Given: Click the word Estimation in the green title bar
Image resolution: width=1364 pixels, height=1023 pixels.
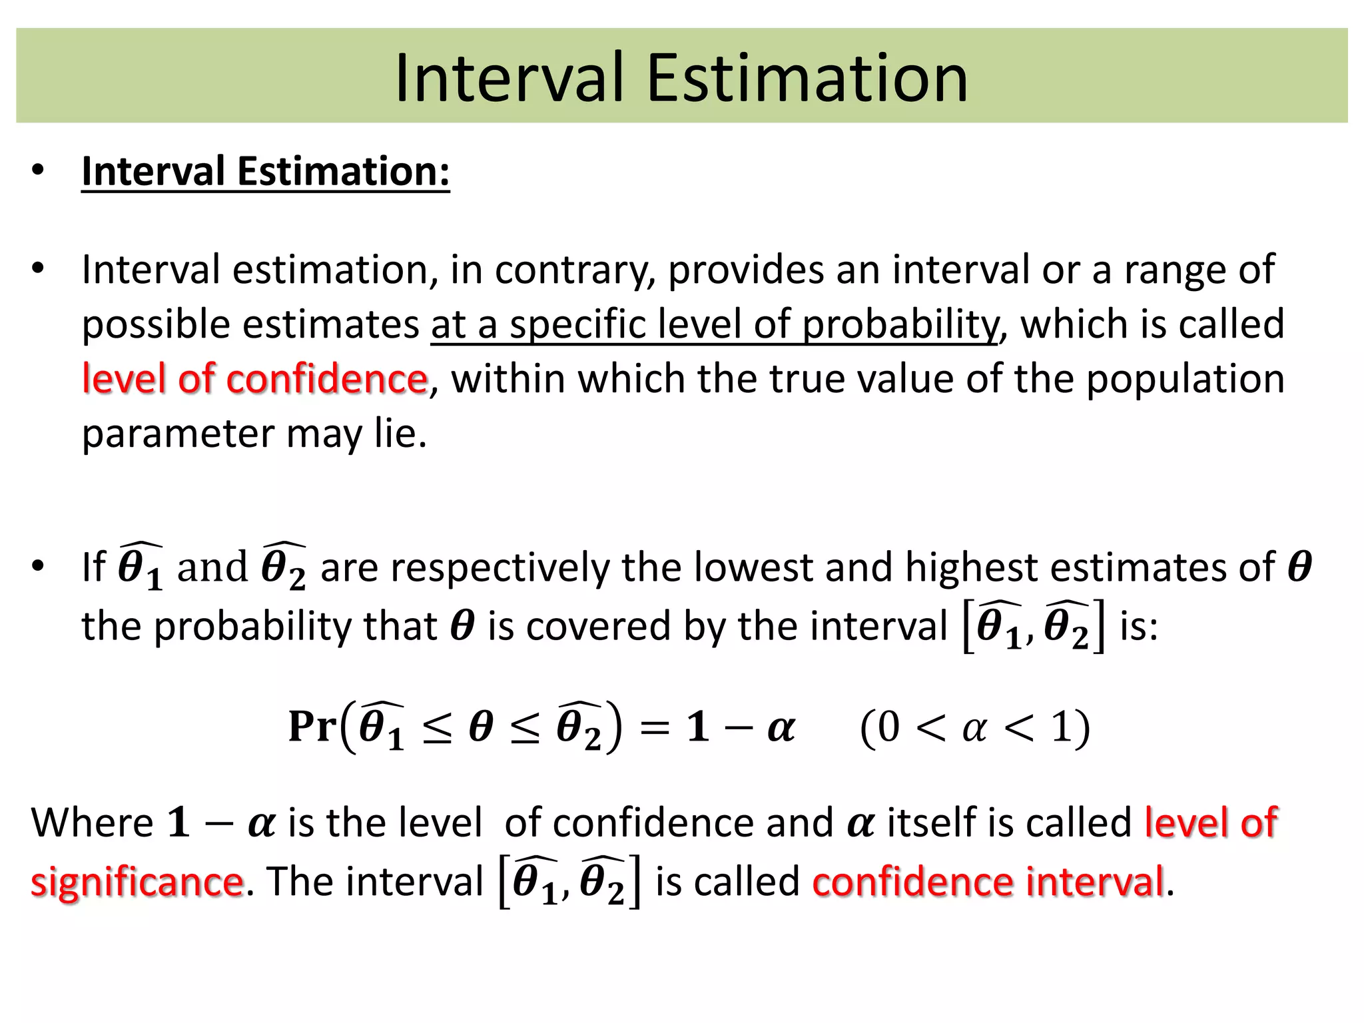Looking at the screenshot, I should [x=807, y=79].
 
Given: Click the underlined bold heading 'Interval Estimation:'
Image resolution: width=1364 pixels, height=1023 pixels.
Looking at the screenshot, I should [x=265, y=171].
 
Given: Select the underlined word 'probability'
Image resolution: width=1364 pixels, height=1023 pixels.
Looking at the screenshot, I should [x=900, y=325].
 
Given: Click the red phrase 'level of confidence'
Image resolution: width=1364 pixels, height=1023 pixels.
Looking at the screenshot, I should [x=254, y=379].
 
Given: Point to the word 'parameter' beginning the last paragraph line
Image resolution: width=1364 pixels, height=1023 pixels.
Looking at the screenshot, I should [x=177, y=434].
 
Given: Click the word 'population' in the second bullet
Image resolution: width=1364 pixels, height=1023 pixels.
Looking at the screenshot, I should [x=1185, y=379].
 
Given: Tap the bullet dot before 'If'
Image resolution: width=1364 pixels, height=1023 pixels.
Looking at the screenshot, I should [x=38, y=566].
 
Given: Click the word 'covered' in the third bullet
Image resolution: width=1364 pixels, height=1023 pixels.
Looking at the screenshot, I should [x=597, y=627].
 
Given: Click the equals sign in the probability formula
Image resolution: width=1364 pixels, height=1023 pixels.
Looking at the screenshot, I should [x=654, y=727].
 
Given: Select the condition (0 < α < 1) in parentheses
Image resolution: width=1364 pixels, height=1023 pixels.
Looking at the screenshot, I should [x=974, y=727].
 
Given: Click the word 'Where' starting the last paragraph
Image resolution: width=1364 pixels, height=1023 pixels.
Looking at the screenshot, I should [x=93, y=823].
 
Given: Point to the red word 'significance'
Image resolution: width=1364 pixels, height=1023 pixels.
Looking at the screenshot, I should [x=137, y=882].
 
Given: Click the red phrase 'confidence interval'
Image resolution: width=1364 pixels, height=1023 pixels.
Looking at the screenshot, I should [x=988, y=882].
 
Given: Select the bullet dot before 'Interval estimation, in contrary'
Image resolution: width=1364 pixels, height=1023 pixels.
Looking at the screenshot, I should [x=38, y=269].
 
